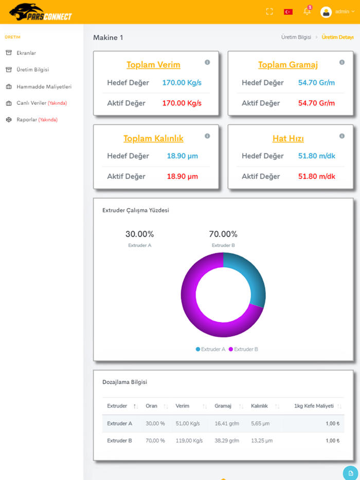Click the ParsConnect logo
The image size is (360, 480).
coord(41,12)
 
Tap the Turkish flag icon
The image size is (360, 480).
coord(288,11)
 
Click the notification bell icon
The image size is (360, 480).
coord(307,11)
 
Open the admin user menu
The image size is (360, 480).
coord(337,11)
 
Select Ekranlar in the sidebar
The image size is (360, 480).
coord(26,53)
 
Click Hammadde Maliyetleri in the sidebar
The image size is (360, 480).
coord(44,86)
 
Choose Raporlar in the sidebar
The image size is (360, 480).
coord(27,120)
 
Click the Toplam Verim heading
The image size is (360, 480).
coord(153,65)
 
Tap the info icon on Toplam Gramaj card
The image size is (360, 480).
coord(342,62)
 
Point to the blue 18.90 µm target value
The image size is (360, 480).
coord(182,156)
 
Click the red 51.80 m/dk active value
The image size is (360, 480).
coord(316,176)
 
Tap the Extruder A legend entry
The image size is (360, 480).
coord(210,349)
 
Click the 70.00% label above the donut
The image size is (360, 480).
coord(223,234)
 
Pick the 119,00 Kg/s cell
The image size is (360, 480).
coord(189,440)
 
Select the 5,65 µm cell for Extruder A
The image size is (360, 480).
coord(261,423)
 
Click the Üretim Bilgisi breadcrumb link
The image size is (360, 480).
coord(296,37)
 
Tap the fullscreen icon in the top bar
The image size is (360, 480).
coord(269,11)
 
